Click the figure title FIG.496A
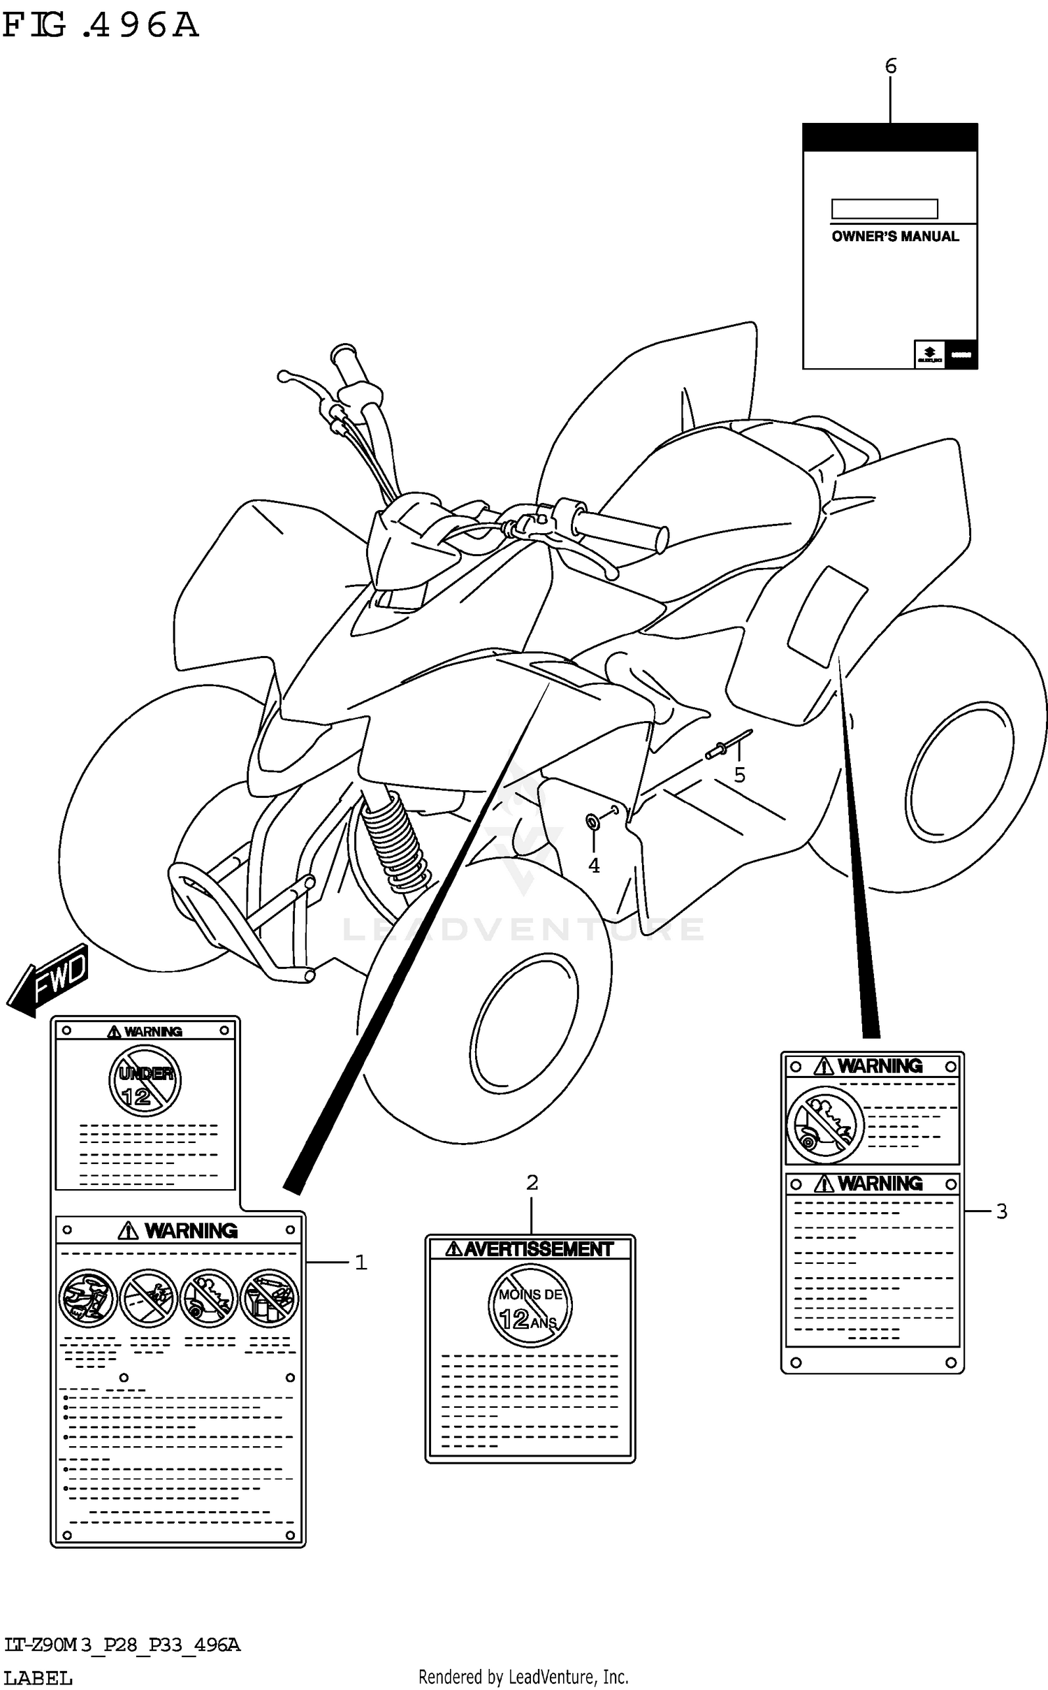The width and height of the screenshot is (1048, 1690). (x=101, y=26)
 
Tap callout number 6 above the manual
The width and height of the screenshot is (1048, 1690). (x=890, y=66)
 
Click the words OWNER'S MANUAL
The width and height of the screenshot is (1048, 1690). (x=895, y=237)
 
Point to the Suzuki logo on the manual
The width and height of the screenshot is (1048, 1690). (x=929, y=354)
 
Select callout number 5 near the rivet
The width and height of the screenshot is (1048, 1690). (x=739, y=775)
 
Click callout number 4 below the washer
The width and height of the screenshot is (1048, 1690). (x=594, y=866)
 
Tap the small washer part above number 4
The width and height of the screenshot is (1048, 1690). (x=592, y=822)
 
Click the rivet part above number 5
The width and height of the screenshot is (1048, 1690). (x=727, y=745)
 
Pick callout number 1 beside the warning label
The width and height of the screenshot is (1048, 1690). (x=361, y=1262)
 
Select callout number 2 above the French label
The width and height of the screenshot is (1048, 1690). (x=532, y=1183)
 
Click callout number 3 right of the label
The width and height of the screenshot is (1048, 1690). (x=1001, y=1211)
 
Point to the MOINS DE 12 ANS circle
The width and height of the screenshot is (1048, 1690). (x=530, y=1307)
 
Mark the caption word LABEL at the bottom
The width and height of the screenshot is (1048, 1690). (x=38, y=1677)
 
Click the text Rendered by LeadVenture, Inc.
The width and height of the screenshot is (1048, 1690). (x=523, y=1676)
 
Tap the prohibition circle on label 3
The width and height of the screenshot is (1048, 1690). (x=825, y=1126)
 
